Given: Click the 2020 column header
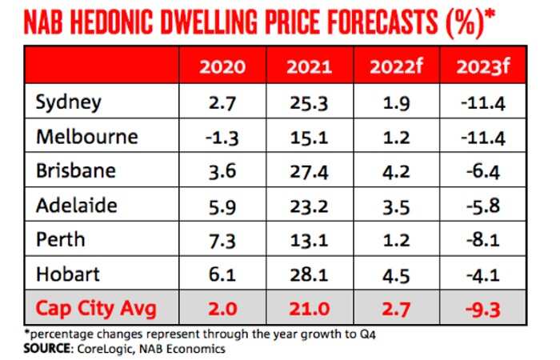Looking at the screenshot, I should click(x=223, y=66).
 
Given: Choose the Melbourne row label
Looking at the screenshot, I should click(x=86, y=136).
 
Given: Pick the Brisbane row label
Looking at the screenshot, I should click(x=76, y=171).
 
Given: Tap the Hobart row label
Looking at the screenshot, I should click(x=68, y=274).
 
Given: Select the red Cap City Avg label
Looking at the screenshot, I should click(x=90, y=309).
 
